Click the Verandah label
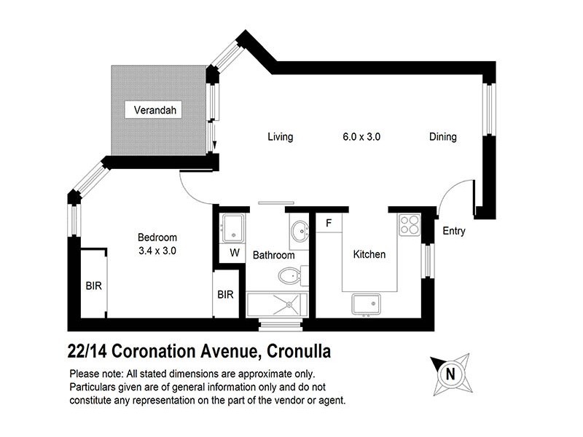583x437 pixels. [155, 111]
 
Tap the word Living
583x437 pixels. [280, 137]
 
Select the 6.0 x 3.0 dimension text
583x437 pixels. [362, 137]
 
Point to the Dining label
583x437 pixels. [442, 137]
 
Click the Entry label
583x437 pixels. [454, 232]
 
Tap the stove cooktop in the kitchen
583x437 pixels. [410, 224]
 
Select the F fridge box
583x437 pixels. [329, 223]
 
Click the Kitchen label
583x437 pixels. [369, 255]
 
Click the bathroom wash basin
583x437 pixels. [300, 232]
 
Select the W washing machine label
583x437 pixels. [234, 253]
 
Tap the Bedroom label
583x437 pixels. [157, 237]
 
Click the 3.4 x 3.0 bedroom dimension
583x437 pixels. [157, 251]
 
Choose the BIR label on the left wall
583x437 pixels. [94, 286]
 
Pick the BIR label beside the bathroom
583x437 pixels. [225, 295]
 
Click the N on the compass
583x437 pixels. [450, 375]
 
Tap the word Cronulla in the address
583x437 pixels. [298, 352]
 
